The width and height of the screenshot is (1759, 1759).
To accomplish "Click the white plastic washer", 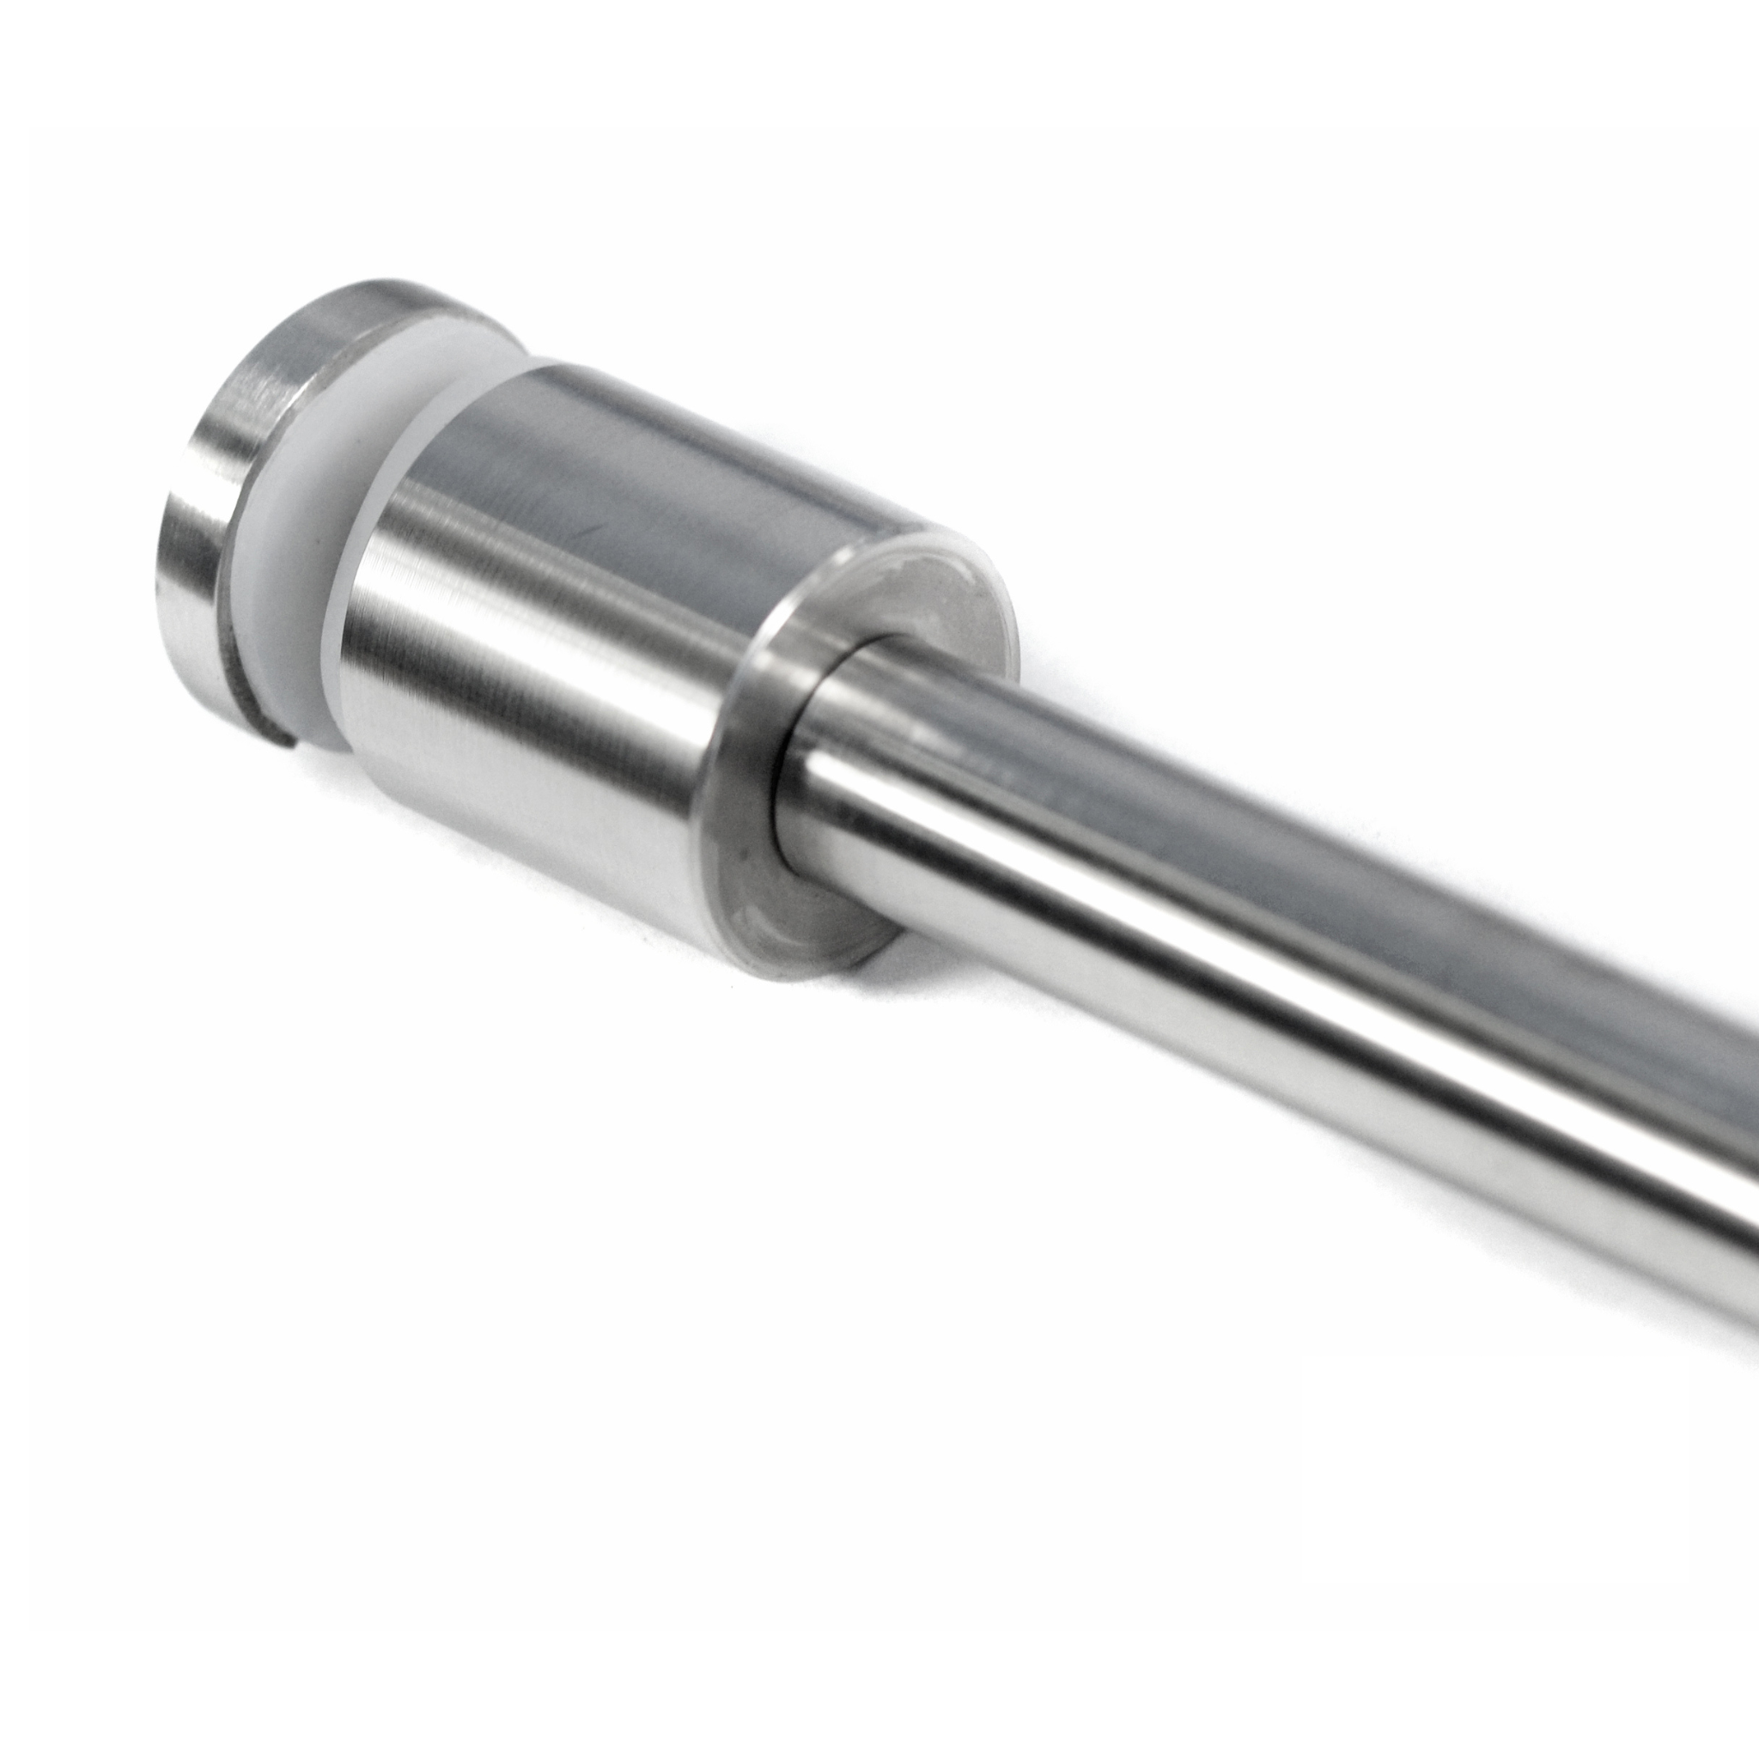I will pyautogui.click(x=301, y=582).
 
